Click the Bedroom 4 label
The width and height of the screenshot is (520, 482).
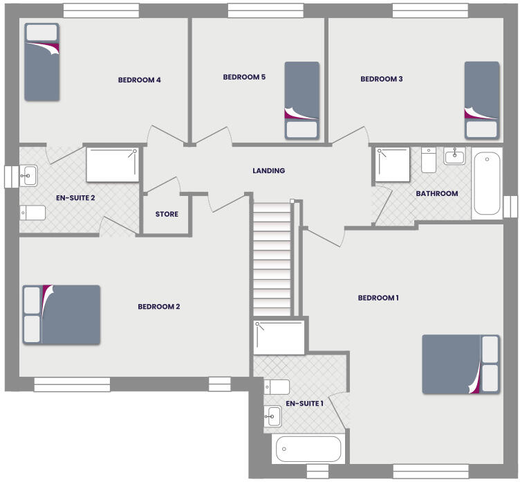(140, 80)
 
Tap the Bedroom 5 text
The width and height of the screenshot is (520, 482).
(244, 78)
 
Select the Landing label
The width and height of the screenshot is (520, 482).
(268, 171)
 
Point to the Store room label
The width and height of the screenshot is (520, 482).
(167, 215)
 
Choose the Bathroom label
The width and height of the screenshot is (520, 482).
(436, 194)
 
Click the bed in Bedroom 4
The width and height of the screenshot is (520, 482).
(41, 61)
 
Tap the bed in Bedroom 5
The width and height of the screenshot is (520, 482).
(302, 100)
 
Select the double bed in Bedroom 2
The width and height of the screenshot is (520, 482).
(62, 314)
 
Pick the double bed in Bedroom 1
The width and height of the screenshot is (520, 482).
(461, 364)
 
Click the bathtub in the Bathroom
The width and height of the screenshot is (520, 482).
(487, 184)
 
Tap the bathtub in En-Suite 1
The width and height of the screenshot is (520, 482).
(308, 449)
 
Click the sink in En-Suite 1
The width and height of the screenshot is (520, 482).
(273, 416)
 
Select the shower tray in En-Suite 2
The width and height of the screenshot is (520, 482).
(111, 164)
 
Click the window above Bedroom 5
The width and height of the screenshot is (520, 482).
(266, 10)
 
